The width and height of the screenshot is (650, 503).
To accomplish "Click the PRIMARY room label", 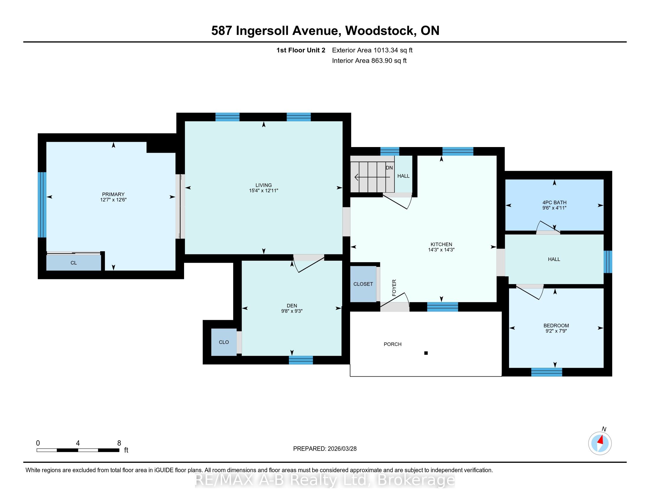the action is (113, 194).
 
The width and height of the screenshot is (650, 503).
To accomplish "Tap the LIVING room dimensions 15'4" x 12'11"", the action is (263, 191).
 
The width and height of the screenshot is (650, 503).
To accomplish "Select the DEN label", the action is (292, 305).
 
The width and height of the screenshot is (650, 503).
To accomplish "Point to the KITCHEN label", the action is (441, 244).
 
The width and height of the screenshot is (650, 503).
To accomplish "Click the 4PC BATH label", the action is (554, 202).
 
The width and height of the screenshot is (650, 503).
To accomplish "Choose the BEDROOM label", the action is (556, 325).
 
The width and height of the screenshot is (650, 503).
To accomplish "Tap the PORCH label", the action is (393, 344).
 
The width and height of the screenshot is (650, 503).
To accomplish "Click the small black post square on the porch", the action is (426, 353).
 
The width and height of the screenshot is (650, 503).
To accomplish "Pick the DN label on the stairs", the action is (389, 168).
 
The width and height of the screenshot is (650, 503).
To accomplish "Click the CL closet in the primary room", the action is (74, 262).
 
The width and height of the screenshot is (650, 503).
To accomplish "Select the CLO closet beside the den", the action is (224, 342).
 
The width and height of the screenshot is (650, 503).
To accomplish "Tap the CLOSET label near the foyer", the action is (363, 284).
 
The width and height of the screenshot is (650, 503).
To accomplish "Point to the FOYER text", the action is (394, 288).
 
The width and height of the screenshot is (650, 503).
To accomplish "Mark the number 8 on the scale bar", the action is (119, 443).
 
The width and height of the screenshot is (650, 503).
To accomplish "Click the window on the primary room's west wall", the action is (42, 205).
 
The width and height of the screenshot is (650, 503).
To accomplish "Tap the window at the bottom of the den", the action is (300, 360).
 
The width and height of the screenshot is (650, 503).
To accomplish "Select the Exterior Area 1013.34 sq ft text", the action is (372, 50).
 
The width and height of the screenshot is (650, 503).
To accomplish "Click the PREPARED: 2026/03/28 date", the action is (325, 449).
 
